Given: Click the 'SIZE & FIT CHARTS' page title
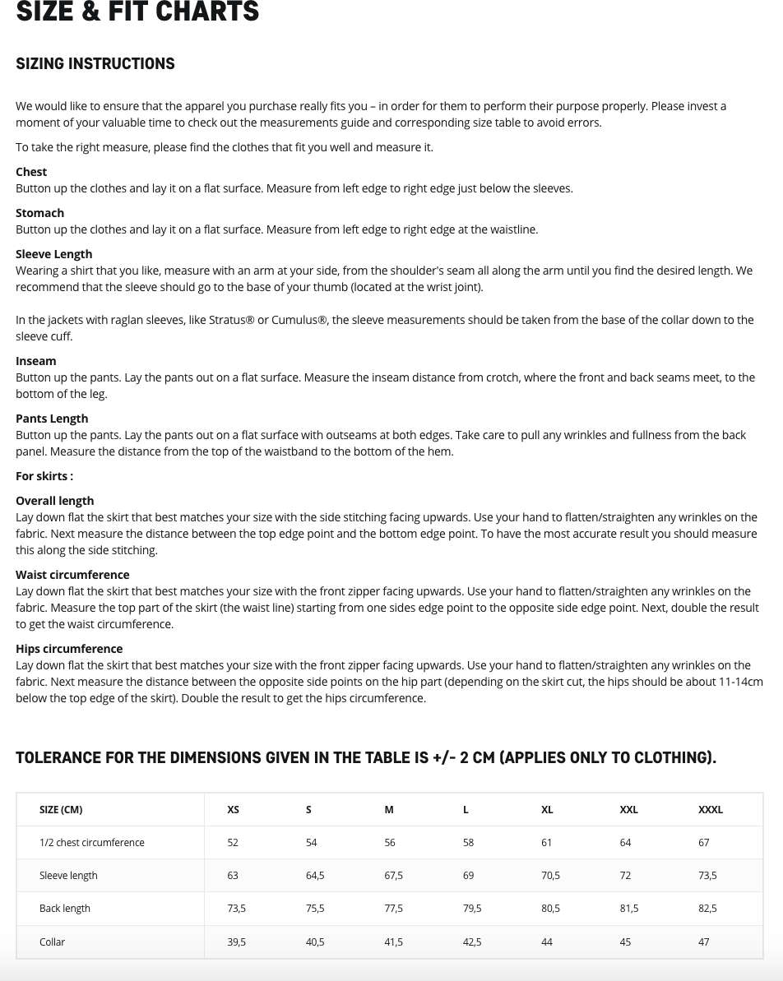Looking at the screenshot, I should [x=137, y=12].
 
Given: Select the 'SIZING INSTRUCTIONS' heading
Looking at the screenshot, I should [x=95, y=64].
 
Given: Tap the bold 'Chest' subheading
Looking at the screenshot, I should [x=31, y=172].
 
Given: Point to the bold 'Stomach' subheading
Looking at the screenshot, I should [x=39, y=213].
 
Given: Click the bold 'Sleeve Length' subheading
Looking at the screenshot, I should [x=53, y=254].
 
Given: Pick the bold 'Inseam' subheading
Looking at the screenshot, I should [x=36, y=361].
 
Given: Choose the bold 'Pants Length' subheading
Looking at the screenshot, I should [x=52, y=419].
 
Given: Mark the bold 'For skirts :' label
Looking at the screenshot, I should [x=44, y=476].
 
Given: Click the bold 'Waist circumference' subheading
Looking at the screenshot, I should [x=72, y=575].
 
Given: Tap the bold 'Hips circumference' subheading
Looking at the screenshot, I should [x=69, y=649].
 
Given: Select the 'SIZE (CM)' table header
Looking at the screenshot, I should [x=61, y=809].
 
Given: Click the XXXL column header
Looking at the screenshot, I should [x=711, y=809].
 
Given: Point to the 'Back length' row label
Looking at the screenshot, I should [x=65, y=909].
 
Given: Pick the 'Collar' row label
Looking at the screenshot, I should [x=52, y=942].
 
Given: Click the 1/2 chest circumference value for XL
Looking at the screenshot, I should [x=547, y=843].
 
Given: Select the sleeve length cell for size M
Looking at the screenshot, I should [x=394, y=876].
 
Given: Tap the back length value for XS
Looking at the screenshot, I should [x=237, y=909].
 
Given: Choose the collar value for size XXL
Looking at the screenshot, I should [x=625, y=942].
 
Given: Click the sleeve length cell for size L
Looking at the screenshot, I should [x=469, y=876].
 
